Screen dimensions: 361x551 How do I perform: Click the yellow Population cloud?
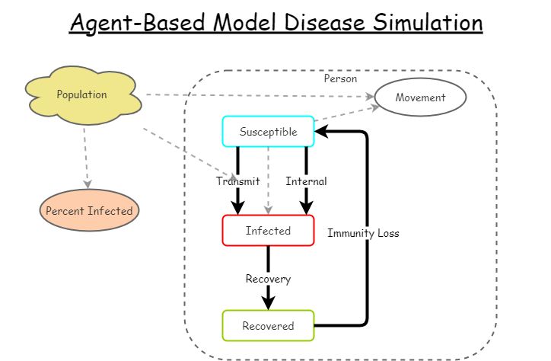click(x=82, y=94)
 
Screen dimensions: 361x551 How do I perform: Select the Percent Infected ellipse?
click(x=89, y=211)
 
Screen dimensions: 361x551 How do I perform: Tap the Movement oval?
click(x=420, y=97)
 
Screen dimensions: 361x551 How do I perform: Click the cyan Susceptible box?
click(x=268, y=132)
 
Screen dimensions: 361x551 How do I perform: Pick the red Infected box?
click(x=268, y=231)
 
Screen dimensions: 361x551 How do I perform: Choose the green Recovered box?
click(x=268, y=326)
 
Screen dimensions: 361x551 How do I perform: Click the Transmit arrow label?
click(x=237, y=181)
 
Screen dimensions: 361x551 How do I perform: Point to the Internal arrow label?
click(x=306, y=181)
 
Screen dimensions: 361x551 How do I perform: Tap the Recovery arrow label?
click(x=268, y=279)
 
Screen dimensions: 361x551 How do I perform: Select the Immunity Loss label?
click(x=363, y=233)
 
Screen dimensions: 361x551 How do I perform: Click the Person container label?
click(x=340, y=78)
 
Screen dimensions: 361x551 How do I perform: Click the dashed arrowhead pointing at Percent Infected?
click(x=88, y=184)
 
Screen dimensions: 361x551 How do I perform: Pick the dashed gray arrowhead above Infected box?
click(x=268, y=209)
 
